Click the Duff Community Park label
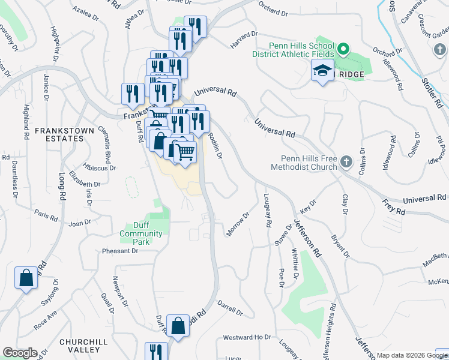140,233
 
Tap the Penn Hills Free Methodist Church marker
346,162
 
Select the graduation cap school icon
322,71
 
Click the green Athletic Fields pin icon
343,49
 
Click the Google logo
19,353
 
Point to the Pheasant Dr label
120,251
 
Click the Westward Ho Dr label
247,338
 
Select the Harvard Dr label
244,41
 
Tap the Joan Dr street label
79,223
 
